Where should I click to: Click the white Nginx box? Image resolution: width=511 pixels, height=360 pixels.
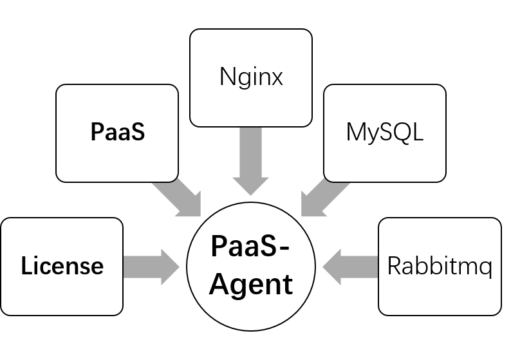tap(251, 77)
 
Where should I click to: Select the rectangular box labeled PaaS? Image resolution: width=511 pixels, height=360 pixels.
tap(116, 133)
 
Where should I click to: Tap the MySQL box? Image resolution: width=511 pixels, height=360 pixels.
tap(385, 133)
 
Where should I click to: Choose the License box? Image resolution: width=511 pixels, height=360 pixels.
tap(62, 266)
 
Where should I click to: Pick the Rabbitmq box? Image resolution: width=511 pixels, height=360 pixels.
tap(440, 266)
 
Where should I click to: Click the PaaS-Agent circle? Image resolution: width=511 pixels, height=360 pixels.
tap(251, 266)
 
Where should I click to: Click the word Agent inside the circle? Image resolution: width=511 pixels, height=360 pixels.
tap(252, 283)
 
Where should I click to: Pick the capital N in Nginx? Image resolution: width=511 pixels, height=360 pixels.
tap(227, 77)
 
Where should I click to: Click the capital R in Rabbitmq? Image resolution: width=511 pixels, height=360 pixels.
tap(395, 266)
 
